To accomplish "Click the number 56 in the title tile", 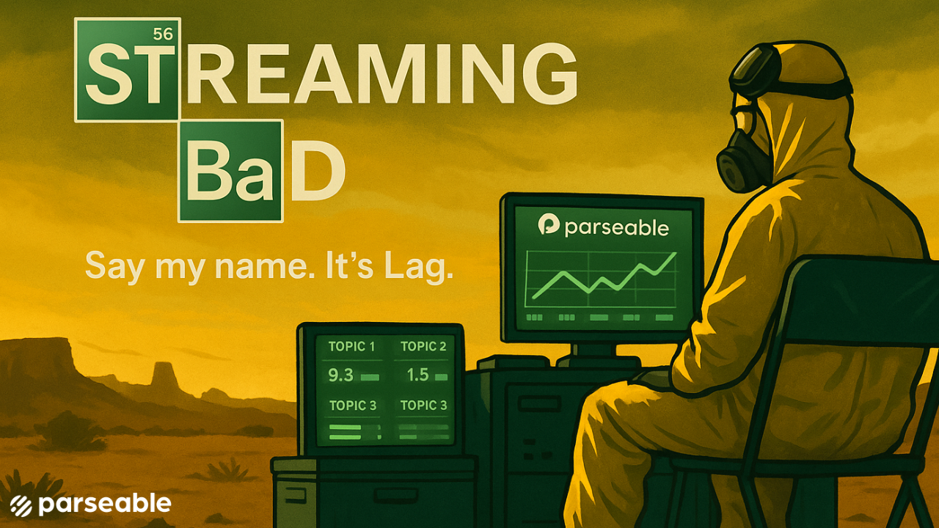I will [x=162, y=34].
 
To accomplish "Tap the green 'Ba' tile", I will [x=230, y=171].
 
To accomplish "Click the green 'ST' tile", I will [x=127, y=70].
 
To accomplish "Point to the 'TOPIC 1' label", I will [x=351, y=347].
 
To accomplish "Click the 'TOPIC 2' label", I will [x=423, y=347].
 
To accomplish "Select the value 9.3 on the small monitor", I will [x=341, y=375].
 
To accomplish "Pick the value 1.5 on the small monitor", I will [x=417, y=375].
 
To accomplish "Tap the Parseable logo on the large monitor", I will [x=549, y=225].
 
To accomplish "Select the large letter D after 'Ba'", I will [x=318, y=172].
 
